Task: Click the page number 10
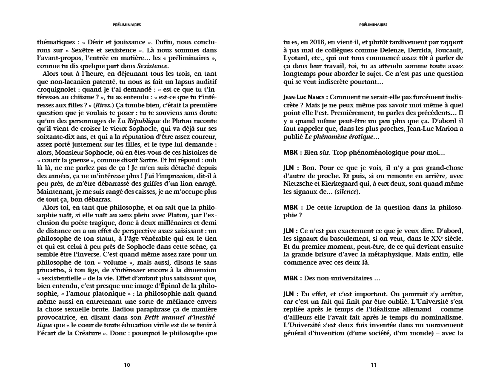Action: (127, 365)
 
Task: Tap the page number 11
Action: (373, 365)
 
